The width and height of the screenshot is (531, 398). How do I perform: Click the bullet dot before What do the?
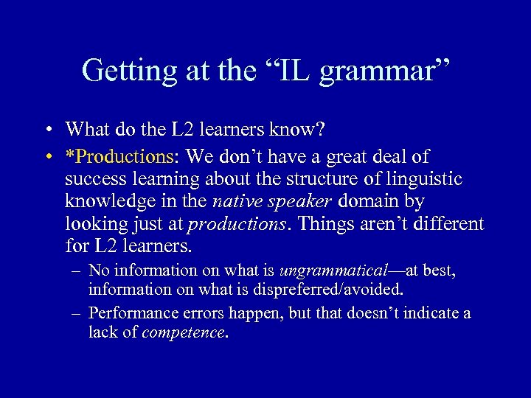point(48,130)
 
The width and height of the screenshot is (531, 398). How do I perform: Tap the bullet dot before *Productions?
point(48,157)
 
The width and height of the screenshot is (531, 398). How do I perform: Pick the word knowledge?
point(108,202)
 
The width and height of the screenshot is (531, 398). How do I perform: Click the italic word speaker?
point(299,202)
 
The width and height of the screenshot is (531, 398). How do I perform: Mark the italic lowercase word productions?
point(235,224)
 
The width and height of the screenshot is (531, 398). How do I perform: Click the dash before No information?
point(77,271)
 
